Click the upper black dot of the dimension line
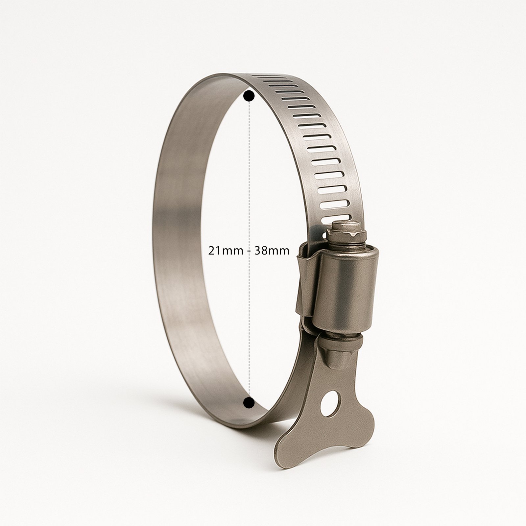pos(249,96)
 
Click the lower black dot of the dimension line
pos(249,402)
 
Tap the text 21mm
pos(225,251)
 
